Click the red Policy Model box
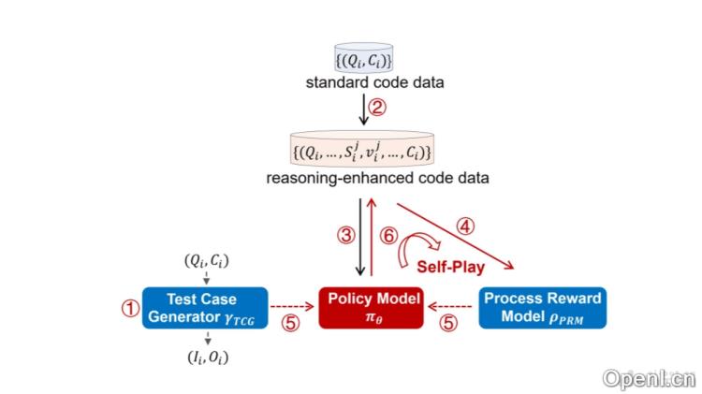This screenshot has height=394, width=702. pos(371,307)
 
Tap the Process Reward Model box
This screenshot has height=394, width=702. pos(542,307)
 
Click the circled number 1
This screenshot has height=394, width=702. pos(129,307)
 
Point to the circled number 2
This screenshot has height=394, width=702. pos(377,107)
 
